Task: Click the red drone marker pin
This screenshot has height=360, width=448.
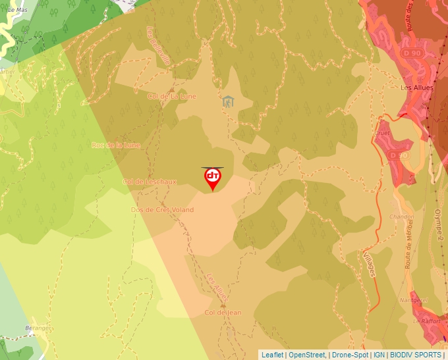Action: [x=213, y=178]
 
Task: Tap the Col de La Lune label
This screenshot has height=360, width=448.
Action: [x=171, y=96]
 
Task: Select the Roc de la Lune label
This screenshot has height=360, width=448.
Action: [x=116, y=145]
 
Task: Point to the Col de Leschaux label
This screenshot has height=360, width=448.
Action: [x=150, y=182]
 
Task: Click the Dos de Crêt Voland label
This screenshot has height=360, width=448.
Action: [x=162, y=210]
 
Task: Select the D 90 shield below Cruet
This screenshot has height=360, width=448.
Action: [x=395, y=155]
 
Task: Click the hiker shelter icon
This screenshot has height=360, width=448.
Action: [x=228, y=101]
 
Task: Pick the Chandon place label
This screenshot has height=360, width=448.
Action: [x=401, y=217]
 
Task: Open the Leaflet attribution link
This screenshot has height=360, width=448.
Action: [x=272, y=355]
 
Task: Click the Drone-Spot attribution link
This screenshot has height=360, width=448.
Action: [x=350, y=355]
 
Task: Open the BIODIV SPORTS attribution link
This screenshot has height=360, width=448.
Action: [x=416, y=355]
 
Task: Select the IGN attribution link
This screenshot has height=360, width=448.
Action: [x=379, y=355]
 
